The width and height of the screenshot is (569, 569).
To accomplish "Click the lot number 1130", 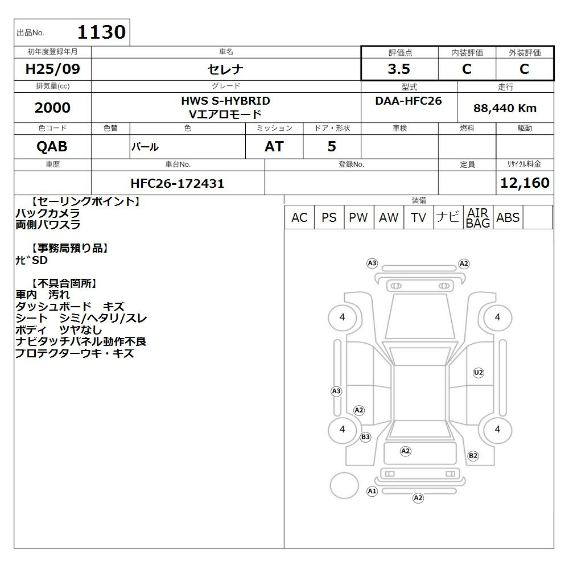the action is pyautogui.click(x=102, y=32).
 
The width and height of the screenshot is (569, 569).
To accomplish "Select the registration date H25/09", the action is pyautogui.click(x=52, y=69).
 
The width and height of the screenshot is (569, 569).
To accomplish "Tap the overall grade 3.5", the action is pyautogui.click(x=399, y=69).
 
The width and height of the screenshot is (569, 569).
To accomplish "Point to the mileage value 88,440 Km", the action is pyautogui.click(x=505, y=108).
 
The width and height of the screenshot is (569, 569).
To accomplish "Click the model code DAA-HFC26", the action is pyautogui.click(x=409, y=101).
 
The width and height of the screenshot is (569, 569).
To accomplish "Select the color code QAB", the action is pyautogui.click(x=52, y=146).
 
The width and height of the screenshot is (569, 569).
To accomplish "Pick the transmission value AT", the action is pyautogui.click(x=274, y=146).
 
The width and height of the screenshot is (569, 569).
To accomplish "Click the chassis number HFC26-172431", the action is pyautogui.click(x=178, y=183).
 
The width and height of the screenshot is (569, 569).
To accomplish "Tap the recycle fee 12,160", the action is pyautogui.click(x=525, y=183).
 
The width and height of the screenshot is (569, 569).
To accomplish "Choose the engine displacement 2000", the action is pyautogui.click(x=52, y=108).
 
